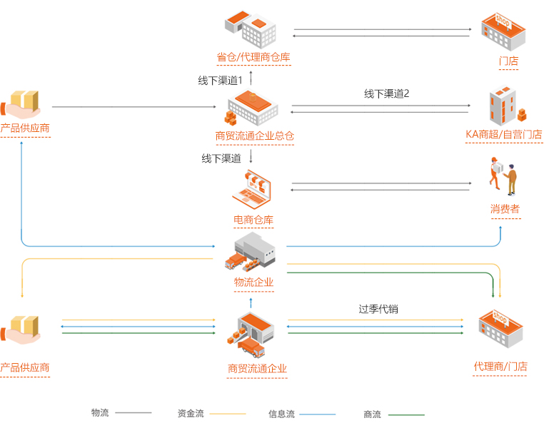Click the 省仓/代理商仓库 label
click(253, 57)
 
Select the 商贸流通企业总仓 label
click(255, 136)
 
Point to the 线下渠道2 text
click(386, 93)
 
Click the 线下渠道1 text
click(221, 80)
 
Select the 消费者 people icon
click(503, 177)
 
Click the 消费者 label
click(505, 209)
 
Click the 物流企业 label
click(253, 282)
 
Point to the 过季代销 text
click(378, 309)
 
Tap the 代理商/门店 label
click(500, 367)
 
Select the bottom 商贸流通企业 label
click(257, 369)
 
